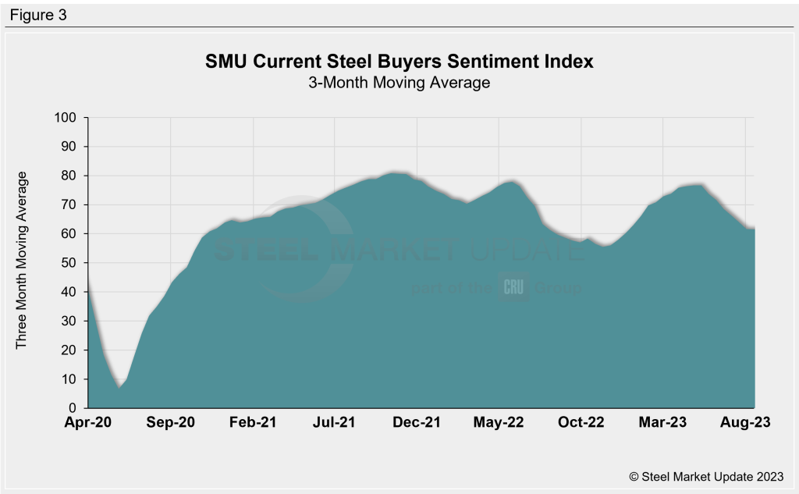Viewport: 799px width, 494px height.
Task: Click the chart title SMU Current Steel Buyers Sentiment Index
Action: click(x=399, y=62)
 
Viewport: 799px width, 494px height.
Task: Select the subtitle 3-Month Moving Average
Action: click(x=399, y=82)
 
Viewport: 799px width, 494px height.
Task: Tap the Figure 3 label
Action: click(x=39, y=15)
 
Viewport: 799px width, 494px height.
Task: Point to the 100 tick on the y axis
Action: click(x=66, y=118)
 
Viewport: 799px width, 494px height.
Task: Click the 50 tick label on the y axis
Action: click(x=69, y=263)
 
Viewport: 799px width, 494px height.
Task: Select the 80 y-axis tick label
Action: click(x=69, y=176)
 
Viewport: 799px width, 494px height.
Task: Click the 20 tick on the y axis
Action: click(x=69, y=350)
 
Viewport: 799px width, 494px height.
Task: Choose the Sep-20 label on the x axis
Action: click(x=171, y=423)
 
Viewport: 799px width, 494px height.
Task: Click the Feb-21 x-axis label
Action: click(x=253, y=423)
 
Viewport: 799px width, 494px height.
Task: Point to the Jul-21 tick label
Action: click(x=336, y=423)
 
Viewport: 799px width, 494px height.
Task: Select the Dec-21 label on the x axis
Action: click(x=417, y=423)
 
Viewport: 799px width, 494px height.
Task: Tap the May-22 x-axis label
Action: click(x=499, y=423)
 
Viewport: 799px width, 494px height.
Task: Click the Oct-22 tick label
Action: click(x=581, y=423)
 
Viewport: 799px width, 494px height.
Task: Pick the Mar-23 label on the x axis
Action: click(x=664, y=423)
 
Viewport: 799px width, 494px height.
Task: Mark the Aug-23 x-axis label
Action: click(x=746, y=423)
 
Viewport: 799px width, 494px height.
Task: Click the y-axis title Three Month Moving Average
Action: click(x=22, y=260)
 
